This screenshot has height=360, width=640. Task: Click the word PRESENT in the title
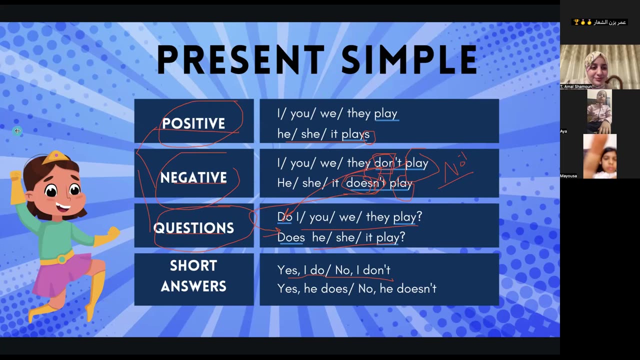tap(240, 60)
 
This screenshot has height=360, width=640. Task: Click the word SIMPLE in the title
tap(409, 60)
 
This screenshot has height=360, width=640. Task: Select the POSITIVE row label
tap(193, 123)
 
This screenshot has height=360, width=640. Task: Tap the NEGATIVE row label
tap(193, 177)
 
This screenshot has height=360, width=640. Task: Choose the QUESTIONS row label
tap(193, 228)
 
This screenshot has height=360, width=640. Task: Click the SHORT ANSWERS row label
tap(193, 276)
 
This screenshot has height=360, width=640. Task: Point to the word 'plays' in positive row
tap(355, 134)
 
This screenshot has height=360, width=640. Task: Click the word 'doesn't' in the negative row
tap(366, 183)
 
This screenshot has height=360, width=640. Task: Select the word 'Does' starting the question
tap(291, 237)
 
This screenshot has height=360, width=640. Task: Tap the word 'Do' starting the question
tap(284, 217)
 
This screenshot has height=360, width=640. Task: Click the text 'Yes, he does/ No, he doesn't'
tap(356, 288)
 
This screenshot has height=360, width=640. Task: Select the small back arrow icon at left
tap(17, 131)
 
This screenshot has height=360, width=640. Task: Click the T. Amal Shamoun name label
tap(576, 86)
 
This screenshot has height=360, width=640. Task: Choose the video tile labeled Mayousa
tap(599, 156)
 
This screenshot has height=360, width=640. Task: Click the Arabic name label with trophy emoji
tap(599, 22)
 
